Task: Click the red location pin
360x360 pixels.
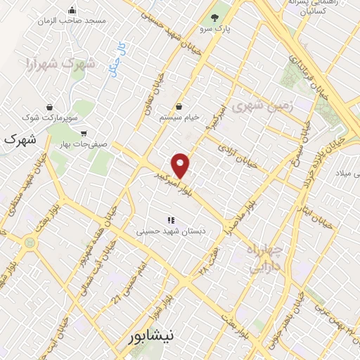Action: point(181,165)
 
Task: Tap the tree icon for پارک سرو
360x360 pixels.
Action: point(215,18)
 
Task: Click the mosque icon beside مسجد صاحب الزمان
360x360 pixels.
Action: point(72,11)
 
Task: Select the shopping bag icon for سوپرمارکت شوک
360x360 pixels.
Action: point(50,107)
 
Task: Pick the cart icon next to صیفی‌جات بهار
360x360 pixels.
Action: point(84,133)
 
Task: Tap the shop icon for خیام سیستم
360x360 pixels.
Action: point(180,107)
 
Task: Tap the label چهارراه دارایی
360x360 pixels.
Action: point(264,258)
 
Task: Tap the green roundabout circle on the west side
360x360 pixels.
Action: point(30,242)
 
